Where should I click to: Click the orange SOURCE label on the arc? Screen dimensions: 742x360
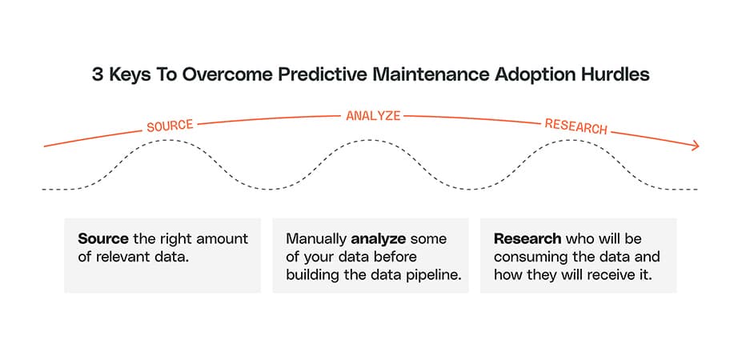(170, 126)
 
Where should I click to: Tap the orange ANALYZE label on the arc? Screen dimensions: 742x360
(373, 115)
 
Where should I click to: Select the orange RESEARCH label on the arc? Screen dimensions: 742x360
(576, 126)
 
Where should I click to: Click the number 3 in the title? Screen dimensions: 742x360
(98, 76)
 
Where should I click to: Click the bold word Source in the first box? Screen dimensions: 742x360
(103, 238)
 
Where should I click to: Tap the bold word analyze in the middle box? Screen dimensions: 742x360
(378, 239)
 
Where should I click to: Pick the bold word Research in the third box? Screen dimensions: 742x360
(527, 238)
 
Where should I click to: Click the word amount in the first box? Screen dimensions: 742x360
(224, 239)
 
